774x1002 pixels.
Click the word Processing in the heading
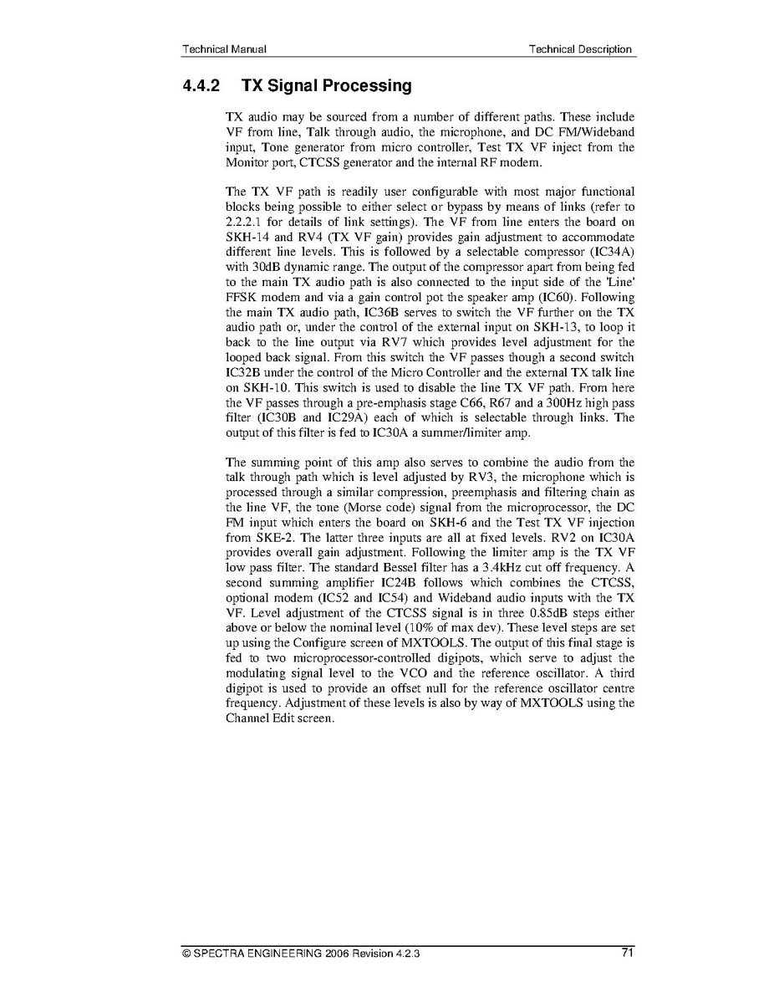pos(368,86)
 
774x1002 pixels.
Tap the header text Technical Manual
pos(224,49)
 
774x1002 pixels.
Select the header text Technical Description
pos(580,49)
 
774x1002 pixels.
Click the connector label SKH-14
pos(247,237)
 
